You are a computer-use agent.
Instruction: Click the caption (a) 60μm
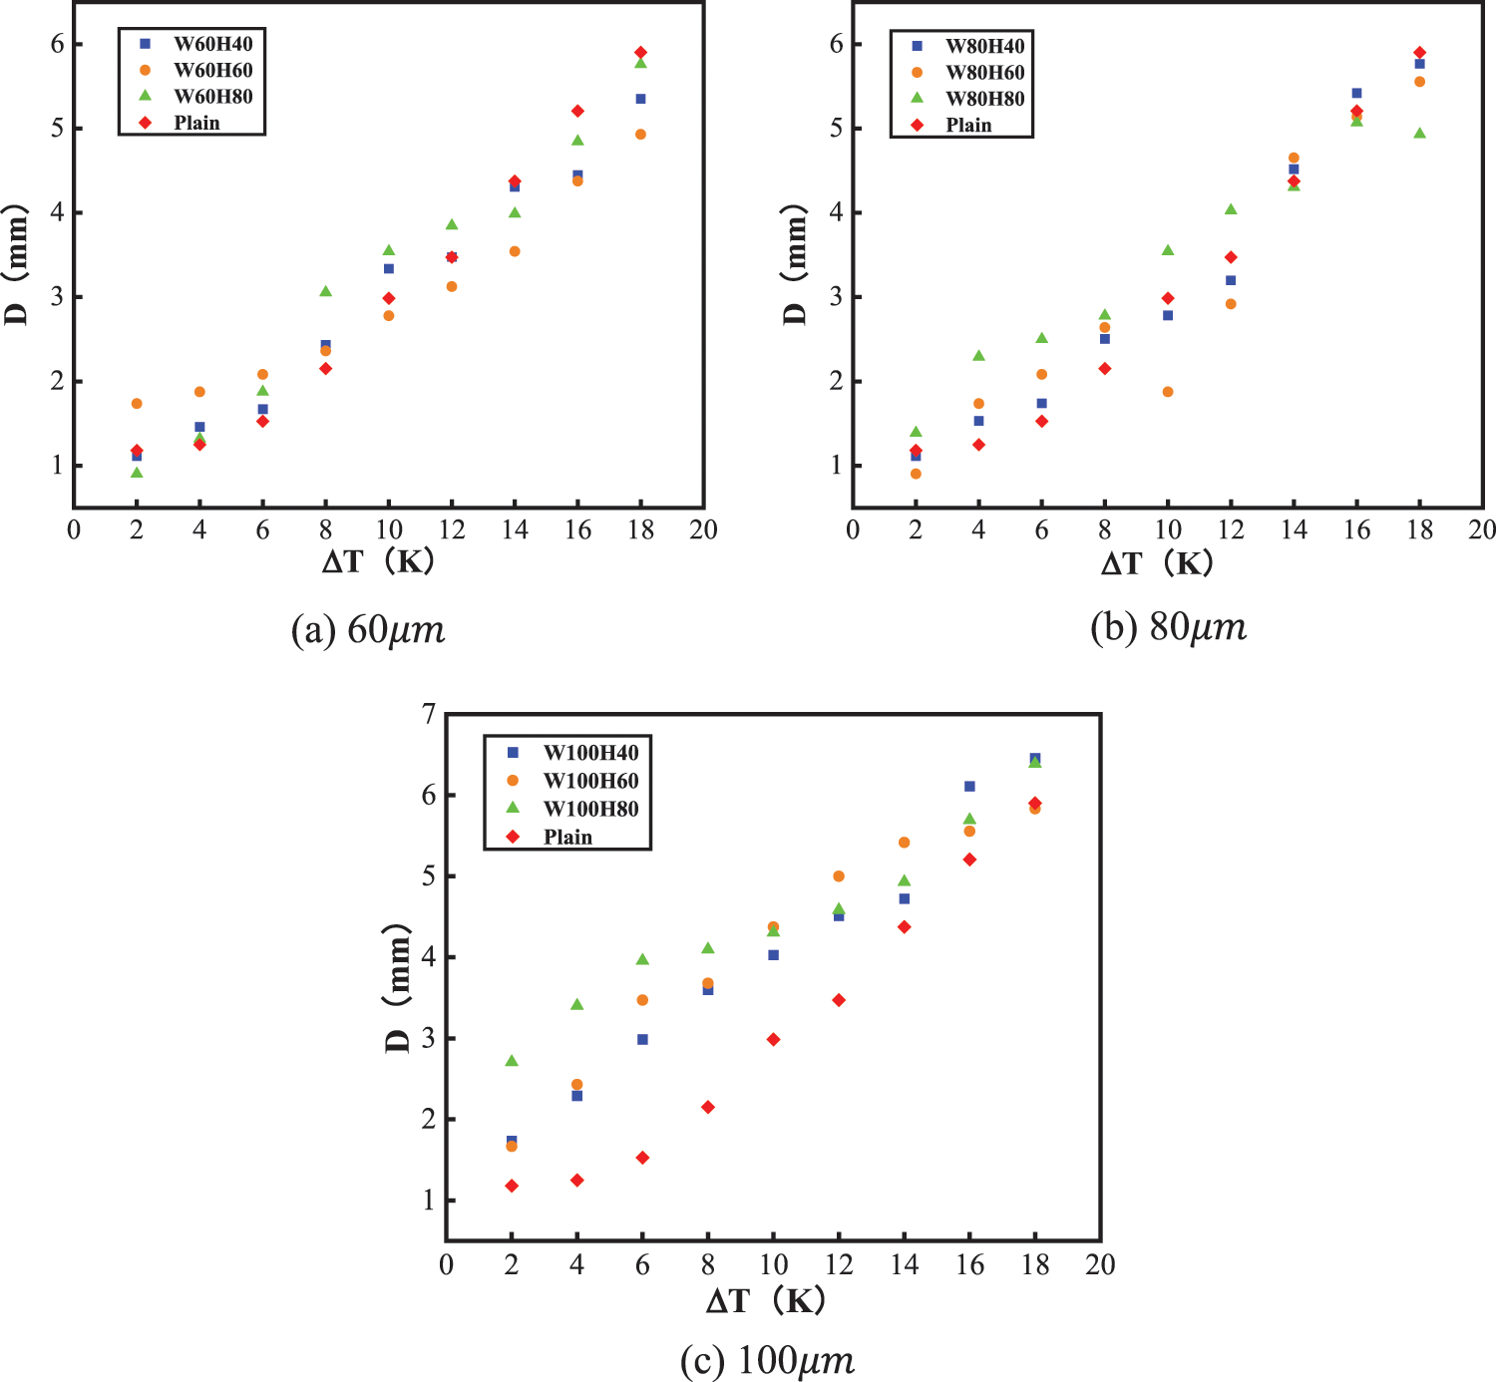pos(368,630)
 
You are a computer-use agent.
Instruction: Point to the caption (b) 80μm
pos(1168,627)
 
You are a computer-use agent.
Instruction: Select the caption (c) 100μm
pos(767,1361)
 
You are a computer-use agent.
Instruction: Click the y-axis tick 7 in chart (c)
pos(429,714)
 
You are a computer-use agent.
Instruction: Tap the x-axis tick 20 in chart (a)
pos(704,530)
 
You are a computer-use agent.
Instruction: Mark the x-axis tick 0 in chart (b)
pos(853,530)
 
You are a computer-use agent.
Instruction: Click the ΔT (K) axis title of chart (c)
pos(766,1300)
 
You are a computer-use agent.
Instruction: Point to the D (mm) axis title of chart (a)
pos(16,266)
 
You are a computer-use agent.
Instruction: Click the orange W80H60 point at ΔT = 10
pos(1168,392)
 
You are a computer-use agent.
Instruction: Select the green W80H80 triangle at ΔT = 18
pos(1419,133)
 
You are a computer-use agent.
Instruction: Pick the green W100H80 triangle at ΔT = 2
pos(512,1060)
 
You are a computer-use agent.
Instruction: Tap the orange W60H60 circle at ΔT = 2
pos(137,404)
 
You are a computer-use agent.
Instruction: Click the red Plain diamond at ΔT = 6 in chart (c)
pos(642,1158)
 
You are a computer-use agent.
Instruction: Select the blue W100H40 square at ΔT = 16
pos(969,787)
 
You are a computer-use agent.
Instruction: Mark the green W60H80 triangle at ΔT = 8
pos(325,291)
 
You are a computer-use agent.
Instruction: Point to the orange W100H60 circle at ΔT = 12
pos(839,876)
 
